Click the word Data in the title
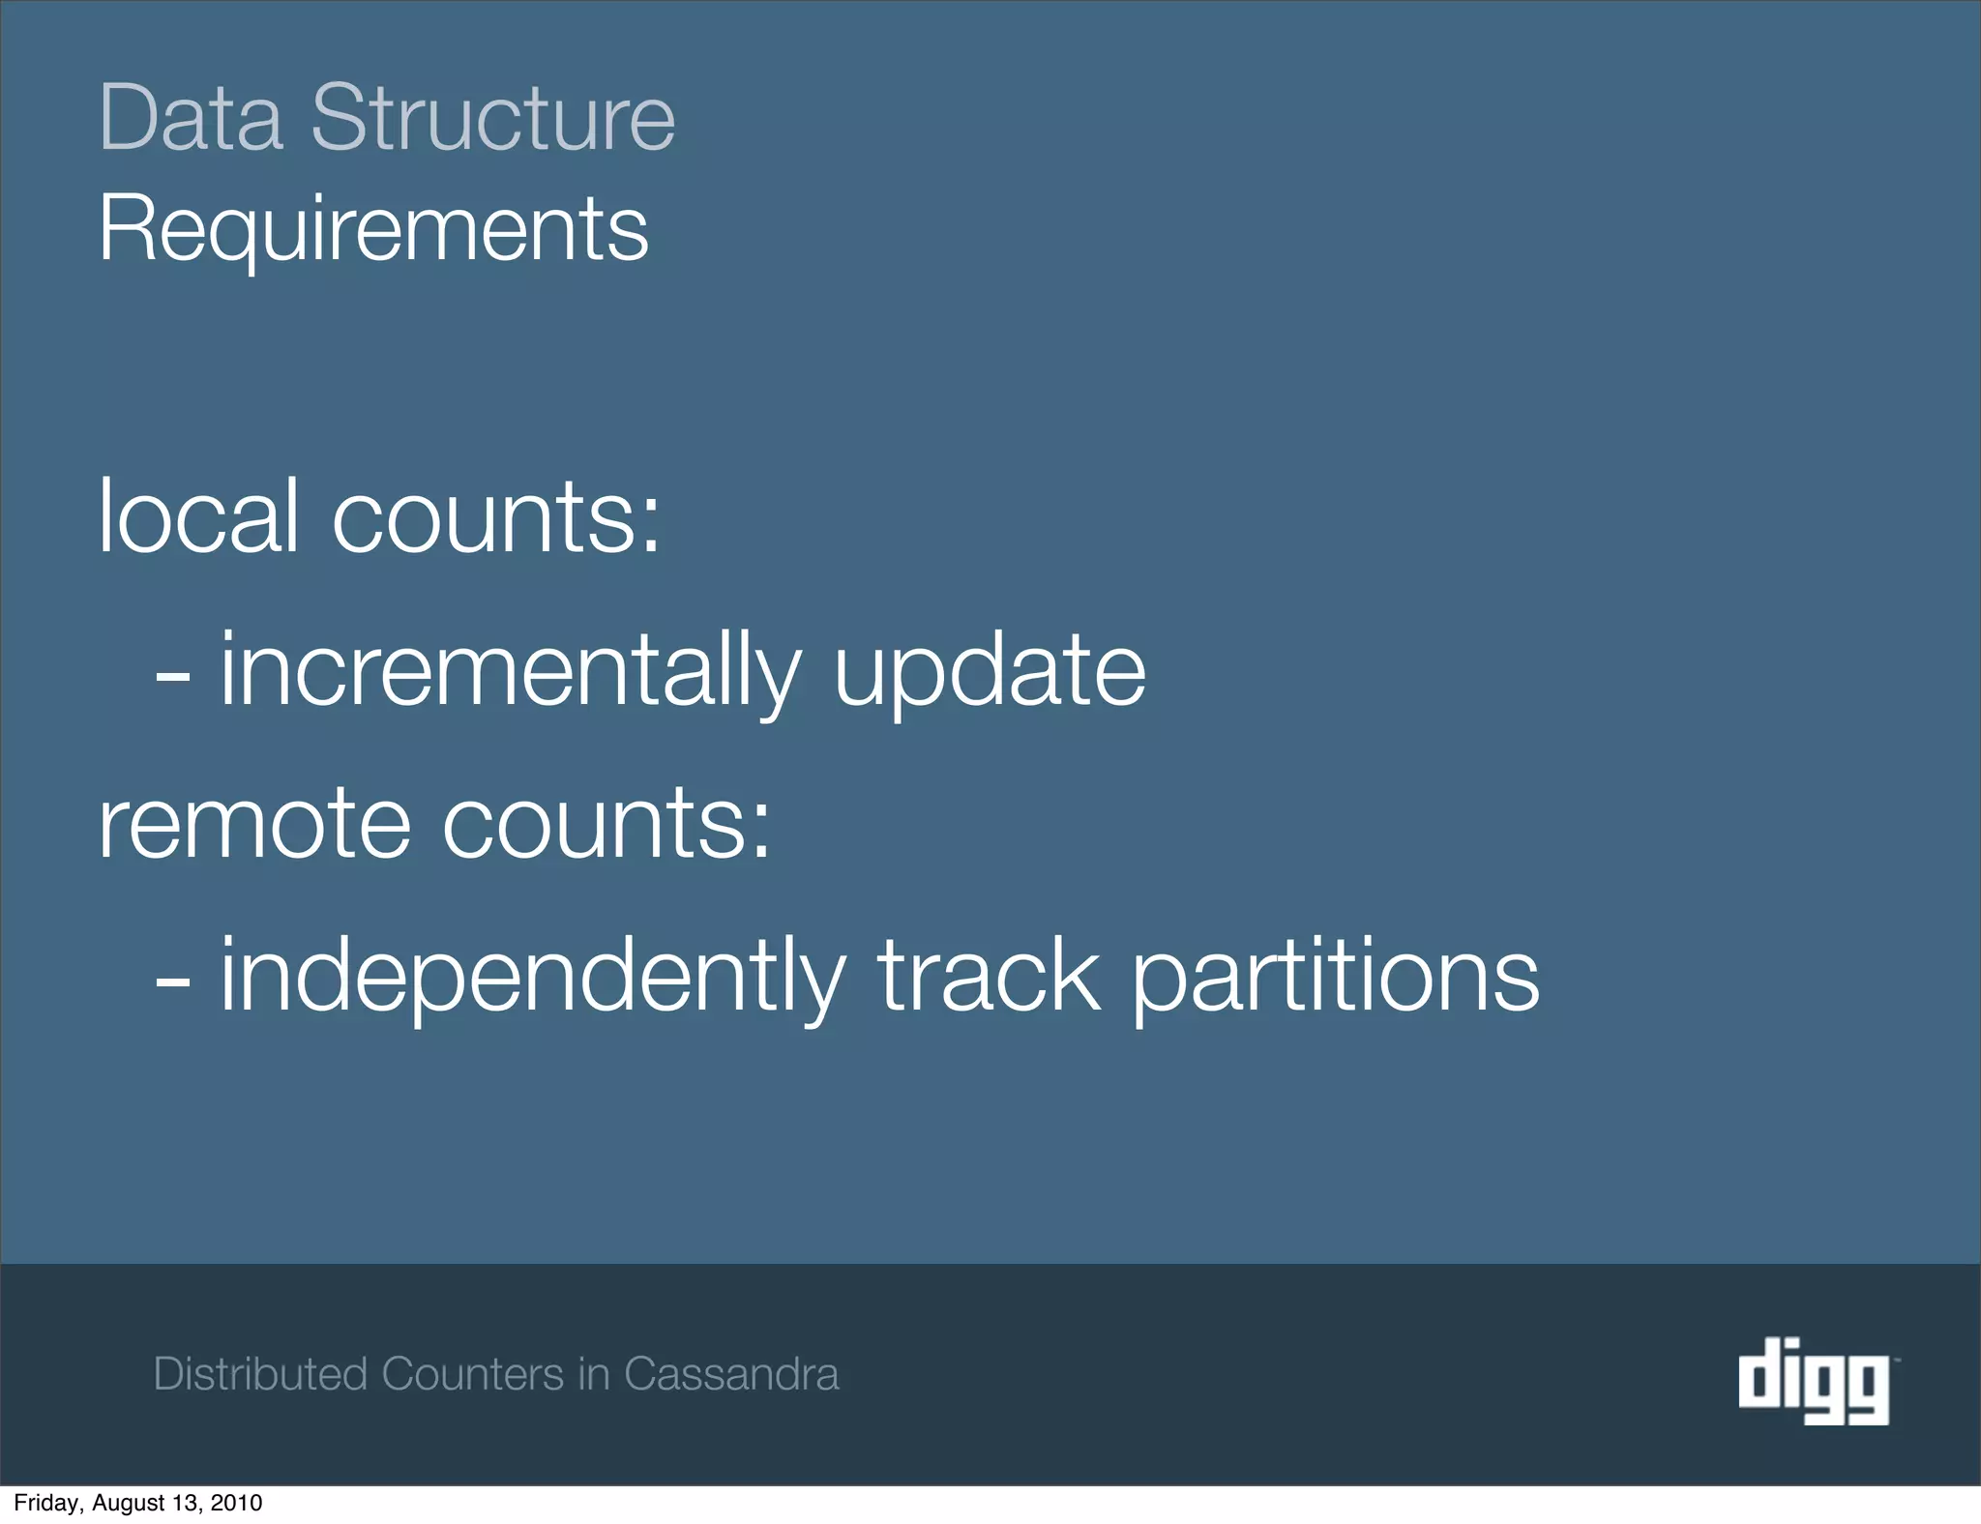[192, 119]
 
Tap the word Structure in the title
[492, 119]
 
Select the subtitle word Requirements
[373, 229]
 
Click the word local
[198, 516]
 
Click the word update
[989, 671]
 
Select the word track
[989, 976]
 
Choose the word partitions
[1335, 976]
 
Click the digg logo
[1815, 1380]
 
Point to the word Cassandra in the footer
[731, 1374]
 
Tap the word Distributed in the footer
[260, 1374]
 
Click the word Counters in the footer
[473, 1374]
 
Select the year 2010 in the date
[237, 1503]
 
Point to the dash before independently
[172, 982]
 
